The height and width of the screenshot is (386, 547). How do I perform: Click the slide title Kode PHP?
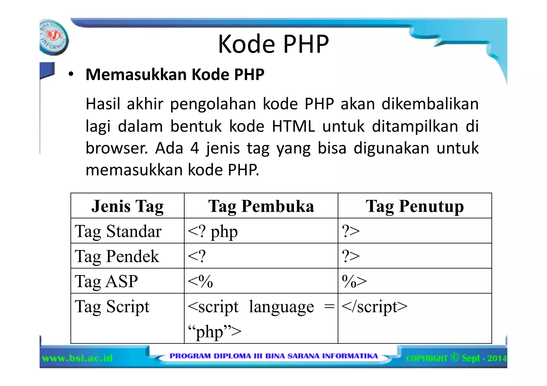(273, 44)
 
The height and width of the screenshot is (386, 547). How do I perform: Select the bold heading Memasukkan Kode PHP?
(175, 74)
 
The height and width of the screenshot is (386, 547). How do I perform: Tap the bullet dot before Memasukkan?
(71, 74)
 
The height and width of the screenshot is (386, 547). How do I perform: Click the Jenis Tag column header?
(127, 206)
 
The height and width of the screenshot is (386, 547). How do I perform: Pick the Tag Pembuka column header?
(261, 206)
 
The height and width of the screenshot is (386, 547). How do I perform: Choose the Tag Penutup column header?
(415, 206)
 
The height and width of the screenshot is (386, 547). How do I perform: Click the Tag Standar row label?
(118, 231)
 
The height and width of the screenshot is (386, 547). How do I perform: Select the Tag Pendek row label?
(117, 256)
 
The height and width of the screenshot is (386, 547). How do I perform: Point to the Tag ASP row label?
(106, 281)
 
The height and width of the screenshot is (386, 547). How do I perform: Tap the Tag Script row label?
(112, 307)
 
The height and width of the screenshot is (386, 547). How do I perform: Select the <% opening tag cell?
(200, 281)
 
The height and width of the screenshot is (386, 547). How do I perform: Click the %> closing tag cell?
(354, 281)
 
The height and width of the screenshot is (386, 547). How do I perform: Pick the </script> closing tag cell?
(374, 307)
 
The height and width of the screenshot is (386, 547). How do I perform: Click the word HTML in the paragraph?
(293, 126)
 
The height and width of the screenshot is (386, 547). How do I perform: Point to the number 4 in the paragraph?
(194, 148)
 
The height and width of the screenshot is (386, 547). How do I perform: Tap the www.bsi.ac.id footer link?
(77, 358)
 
